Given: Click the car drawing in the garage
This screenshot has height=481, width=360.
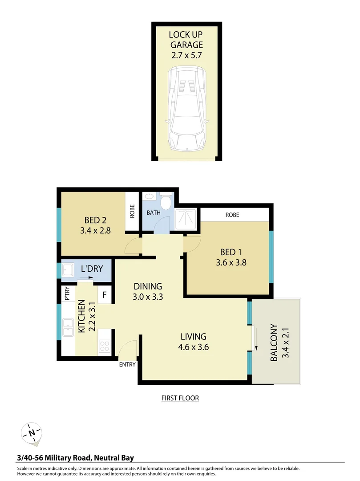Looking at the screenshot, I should click(186, 109).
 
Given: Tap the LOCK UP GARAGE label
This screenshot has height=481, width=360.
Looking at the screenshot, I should click(186, 40).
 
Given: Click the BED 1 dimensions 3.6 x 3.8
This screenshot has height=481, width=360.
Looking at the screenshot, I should click(231, 263).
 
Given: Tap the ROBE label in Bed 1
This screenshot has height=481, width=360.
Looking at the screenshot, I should click(232, 215).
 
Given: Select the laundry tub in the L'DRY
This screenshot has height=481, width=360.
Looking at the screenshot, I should click(69, 270).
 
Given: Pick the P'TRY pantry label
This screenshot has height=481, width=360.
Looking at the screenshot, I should click(67, 294).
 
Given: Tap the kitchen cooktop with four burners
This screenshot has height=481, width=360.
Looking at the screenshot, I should click(105, 346).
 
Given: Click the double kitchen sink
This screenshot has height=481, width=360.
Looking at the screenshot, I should click(68, 328).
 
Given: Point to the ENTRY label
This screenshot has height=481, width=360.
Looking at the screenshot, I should click(127, 364).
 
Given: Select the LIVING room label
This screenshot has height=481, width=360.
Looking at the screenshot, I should click(193, 336).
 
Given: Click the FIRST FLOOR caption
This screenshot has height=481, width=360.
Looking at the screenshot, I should click(180, 398).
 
